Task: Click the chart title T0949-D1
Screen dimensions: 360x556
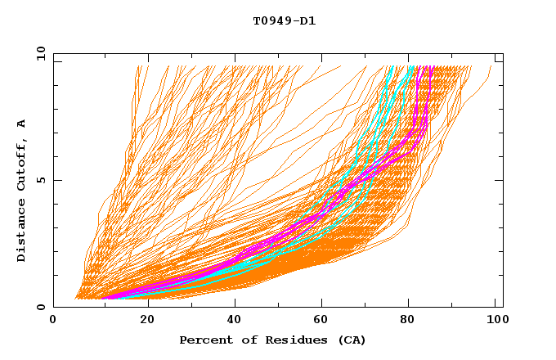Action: pos(284,21)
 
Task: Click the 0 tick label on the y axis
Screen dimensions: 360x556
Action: pos(40,307)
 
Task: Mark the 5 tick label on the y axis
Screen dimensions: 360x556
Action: pos(40,180)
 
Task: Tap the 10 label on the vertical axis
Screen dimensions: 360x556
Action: pos(37,53)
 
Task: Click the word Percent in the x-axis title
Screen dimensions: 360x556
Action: pos(202,340)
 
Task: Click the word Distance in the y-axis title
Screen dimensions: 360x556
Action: pos(22,234)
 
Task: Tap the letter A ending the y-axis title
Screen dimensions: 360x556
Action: pos(22,124)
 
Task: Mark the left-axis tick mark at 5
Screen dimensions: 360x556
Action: pos(56,180)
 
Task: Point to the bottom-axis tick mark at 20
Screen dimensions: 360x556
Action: pos(142,304)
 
